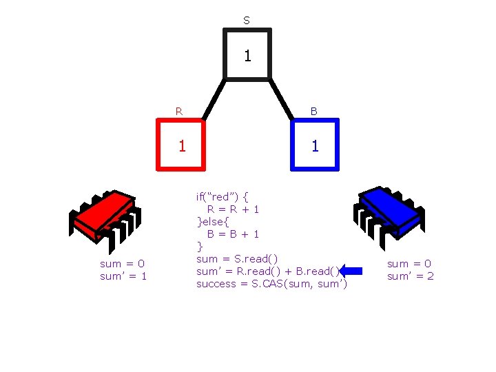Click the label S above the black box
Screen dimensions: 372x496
pyautogui.click(x=247, y=21)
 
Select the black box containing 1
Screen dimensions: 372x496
pyautogui.click(x=247, y=54)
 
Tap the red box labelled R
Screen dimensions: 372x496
pyautogui.click(x=182, y=145)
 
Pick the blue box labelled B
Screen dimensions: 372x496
pyautogui.click(x=315, y=145)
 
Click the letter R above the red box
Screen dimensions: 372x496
pyautogui.click(x=179, y=110)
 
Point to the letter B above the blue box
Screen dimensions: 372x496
pyautogui.click(x=314, y=110)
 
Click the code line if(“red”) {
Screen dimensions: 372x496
pyautogui.click(x=224, y=197)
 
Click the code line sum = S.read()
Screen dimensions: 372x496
pyautogui.click(x=238, y=258)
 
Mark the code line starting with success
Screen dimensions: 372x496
pyautogui.click(x=271, y=284)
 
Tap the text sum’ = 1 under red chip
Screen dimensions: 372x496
pyautogui.click(x=123, y=276)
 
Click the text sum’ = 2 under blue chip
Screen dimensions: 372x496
pyautogui.click(x=411, y=276)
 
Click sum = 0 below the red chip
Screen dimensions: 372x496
pyautogui.click(x=122, y=264)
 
